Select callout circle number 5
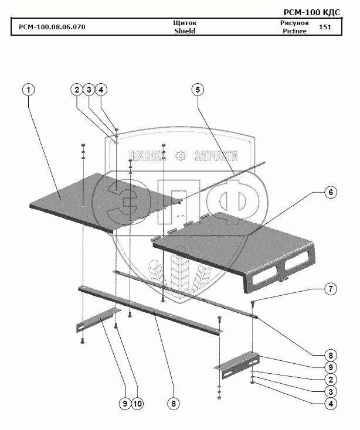(x=198, y=90)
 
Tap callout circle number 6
(x=331, y=193)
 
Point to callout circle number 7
(x=331, y=289)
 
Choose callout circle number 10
(x=137, y=403)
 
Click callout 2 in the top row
(x=77, y=90)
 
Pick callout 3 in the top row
(x=89, y=90)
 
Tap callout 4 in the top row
(x=101, y=90)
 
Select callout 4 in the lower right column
(x=331, y=404)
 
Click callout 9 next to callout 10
(x=125, y=403)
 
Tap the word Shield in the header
(x=185, y=31)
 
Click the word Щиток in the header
(x=185, y=23)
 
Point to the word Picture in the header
(x=294, y=31)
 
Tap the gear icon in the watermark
(x=180, y=155)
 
